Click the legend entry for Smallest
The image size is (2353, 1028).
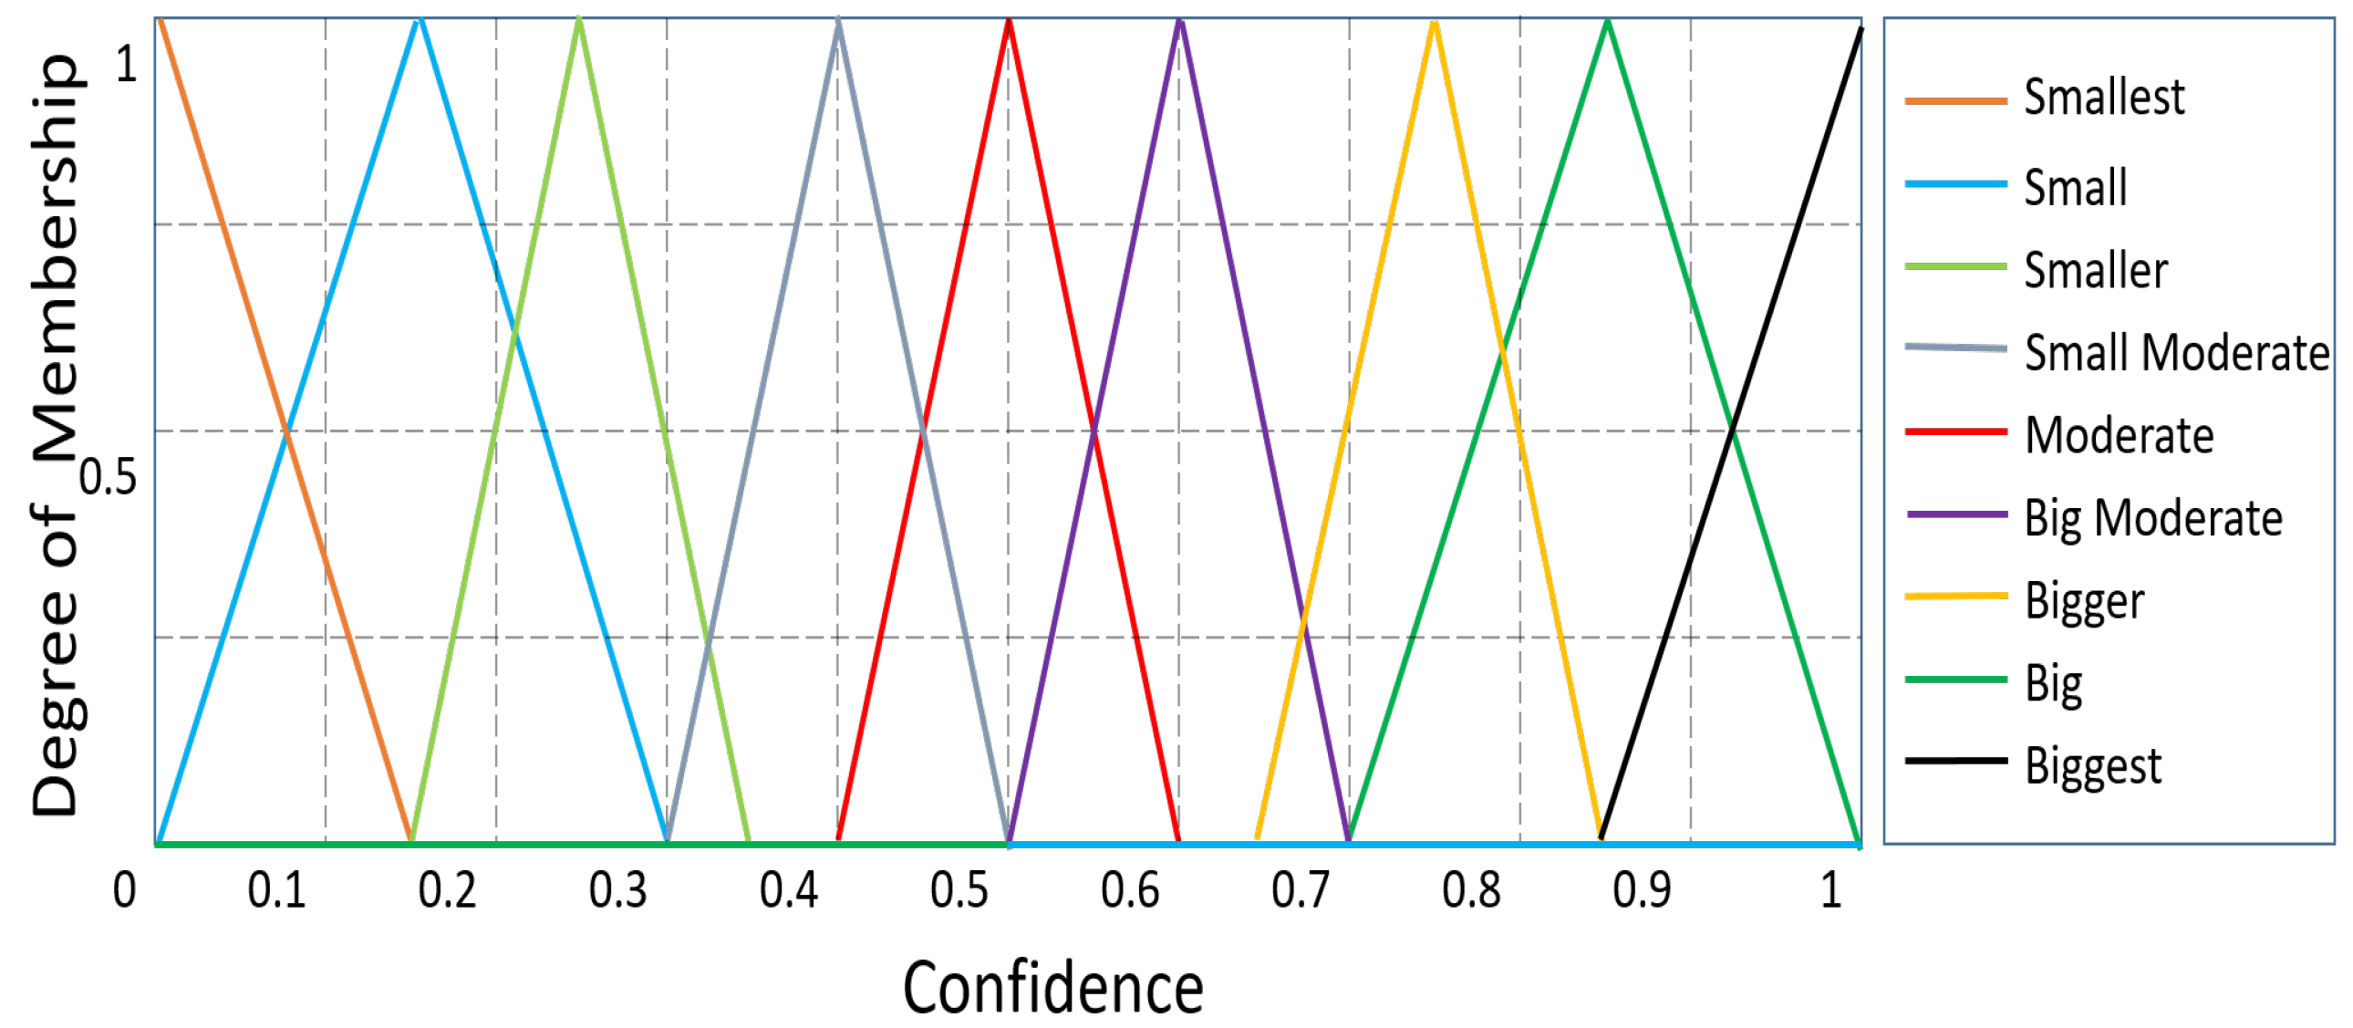[2103, 97]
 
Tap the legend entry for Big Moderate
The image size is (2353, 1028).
[2152, 518]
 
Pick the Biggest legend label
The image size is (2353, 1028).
[2093, 765]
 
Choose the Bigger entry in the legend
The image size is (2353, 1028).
[2084, 600]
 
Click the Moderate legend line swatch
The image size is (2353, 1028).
[1955, 431]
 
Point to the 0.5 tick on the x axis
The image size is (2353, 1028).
[959, 890]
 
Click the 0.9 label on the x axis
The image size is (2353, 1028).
[1642, 890]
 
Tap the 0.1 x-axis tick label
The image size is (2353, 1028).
[275, 890]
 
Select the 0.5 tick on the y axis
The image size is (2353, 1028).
[108, 477]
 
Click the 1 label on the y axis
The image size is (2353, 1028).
[126, 64]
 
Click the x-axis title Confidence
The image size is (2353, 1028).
[1052, 989]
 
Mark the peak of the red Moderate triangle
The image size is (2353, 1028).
[1009, 20]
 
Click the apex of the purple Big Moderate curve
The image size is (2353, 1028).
[1179, 20]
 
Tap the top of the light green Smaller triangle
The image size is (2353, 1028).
[578, 20]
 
